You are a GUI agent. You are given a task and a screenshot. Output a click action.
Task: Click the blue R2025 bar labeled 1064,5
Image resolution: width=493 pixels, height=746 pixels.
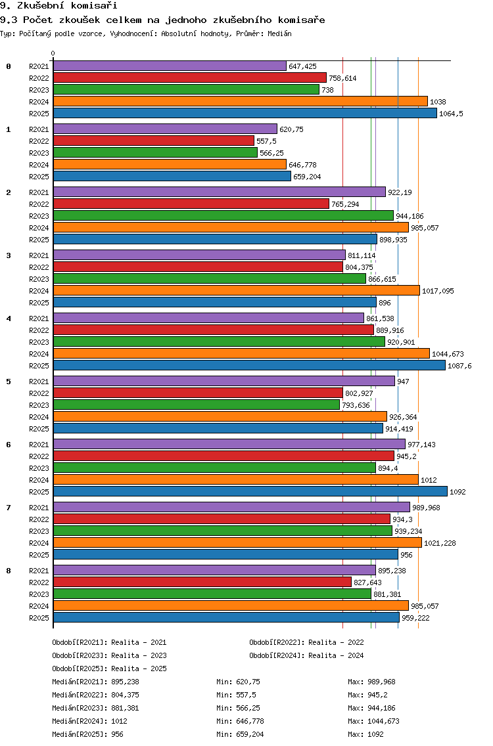[245, 113]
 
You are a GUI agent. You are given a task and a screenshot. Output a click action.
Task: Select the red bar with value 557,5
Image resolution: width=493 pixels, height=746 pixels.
[153, 141]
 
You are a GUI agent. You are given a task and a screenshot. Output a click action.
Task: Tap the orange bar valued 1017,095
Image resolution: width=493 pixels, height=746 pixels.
[236, 291]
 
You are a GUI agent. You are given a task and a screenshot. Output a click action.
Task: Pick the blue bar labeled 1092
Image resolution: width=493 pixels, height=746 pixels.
[250, 491]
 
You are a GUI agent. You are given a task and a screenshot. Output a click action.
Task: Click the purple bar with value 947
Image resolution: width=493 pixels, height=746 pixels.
[224, 381]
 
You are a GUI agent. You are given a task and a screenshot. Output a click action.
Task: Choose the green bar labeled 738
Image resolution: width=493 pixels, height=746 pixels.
[186, 89]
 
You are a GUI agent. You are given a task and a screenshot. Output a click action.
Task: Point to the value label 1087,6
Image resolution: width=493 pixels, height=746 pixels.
[459, 366]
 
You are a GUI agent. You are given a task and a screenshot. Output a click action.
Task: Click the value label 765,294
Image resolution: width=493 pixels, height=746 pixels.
[345, 204]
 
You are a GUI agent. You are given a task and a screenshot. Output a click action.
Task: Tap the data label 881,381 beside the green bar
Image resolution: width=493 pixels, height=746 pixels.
[387, 594]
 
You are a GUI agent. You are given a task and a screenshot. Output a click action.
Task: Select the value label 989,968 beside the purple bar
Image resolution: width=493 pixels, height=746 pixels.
[427, 508]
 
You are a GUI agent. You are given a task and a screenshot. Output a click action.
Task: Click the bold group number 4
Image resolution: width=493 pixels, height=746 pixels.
[9, 318]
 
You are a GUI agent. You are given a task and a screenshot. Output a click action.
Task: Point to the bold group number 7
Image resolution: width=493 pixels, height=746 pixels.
[9, 508]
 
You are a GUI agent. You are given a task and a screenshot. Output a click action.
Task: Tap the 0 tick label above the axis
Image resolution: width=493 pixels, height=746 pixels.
[53, 53]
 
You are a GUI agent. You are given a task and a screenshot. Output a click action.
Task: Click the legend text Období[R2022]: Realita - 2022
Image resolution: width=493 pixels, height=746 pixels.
[306, 642]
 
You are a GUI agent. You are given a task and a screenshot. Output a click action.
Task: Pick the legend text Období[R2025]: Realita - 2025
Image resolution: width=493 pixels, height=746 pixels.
[110, 669]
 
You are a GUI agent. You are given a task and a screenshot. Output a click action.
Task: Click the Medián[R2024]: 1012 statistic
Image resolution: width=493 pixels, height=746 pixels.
[89, 721]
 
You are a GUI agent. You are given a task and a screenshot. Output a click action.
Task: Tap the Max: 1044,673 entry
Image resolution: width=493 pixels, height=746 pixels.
[373, 721]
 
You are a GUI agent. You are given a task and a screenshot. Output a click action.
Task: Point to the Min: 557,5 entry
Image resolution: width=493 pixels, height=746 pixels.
[236, 695]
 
